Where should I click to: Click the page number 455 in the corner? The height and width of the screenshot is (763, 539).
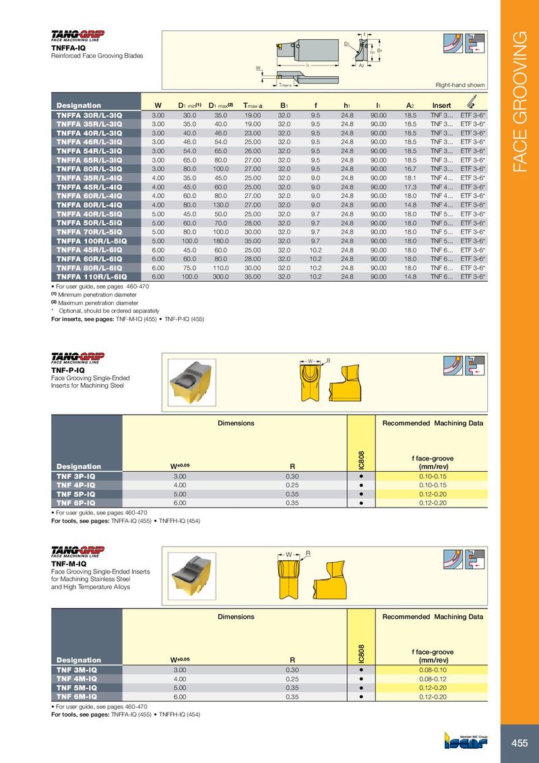pyautogui.click(x=519, y=743)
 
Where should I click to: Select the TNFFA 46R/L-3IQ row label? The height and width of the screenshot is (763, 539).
pyautogui.click(x=89, y=142)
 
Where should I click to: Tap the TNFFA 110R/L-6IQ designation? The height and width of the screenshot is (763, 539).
pyautogui.click(x=92, y=276)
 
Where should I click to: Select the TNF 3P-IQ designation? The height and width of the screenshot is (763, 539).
pyautogui.click(x=76, y=476)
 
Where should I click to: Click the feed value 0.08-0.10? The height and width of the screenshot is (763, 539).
pyautogui.click(x=433, y=670)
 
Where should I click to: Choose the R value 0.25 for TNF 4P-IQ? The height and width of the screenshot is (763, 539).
pyautogui.click(x=292, y=485)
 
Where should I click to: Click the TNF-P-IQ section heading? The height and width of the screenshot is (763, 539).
pyautogui.click(x=68, y=370)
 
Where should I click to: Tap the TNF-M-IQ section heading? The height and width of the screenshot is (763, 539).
pyautogui.click(x=69, y=563)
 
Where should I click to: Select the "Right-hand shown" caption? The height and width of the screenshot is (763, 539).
pyautogui.click(x=460, y=86)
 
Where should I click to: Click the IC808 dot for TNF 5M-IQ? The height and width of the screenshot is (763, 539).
pyautogui.click(x=361, y=688)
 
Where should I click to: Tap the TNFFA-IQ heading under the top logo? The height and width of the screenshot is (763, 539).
pyautogui.click(x=68, y=48)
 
